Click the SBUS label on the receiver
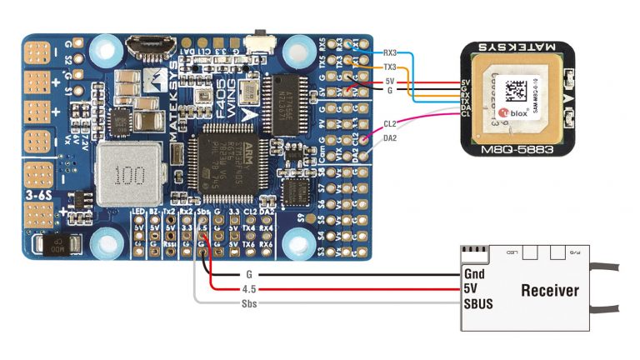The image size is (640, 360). pos(478,304)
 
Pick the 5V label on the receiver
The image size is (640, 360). pos(471,289)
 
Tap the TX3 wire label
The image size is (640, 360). pos(389,66)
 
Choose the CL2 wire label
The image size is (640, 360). pos(389,123)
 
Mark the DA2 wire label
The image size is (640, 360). pos(389,139)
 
